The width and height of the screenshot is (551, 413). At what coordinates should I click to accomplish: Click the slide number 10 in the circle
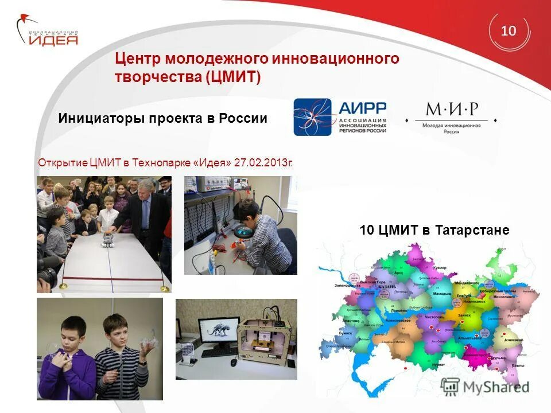click(x=509, y=30)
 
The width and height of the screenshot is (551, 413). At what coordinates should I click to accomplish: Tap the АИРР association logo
click(x=340, y=116)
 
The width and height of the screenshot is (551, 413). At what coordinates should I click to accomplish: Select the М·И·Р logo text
click(x=451, y=109)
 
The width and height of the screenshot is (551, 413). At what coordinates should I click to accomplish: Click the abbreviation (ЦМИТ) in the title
click(x=232, y=77)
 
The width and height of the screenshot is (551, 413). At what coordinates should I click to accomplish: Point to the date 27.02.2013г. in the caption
click(x=263, y=162)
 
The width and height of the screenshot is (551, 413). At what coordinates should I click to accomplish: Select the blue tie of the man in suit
click(x=144, y=217)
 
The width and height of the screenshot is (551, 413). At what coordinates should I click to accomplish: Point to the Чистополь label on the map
click(x=434, y=301)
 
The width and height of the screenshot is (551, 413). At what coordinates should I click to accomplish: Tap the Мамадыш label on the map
click(x=441, y=293)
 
